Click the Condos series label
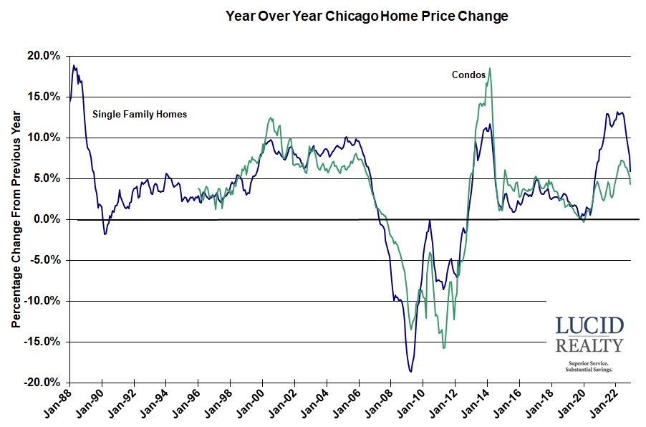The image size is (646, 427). coord(468,75)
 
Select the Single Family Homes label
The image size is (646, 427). coord(139,113)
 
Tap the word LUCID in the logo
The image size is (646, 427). coord(589,327)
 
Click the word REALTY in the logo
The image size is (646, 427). coord(589,346)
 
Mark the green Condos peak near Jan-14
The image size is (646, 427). coord(489,69)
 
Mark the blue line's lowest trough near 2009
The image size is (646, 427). coord(410,371)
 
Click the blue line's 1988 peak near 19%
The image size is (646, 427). coord(73,66)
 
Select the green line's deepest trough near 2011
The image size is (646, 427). coord(444,348)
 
